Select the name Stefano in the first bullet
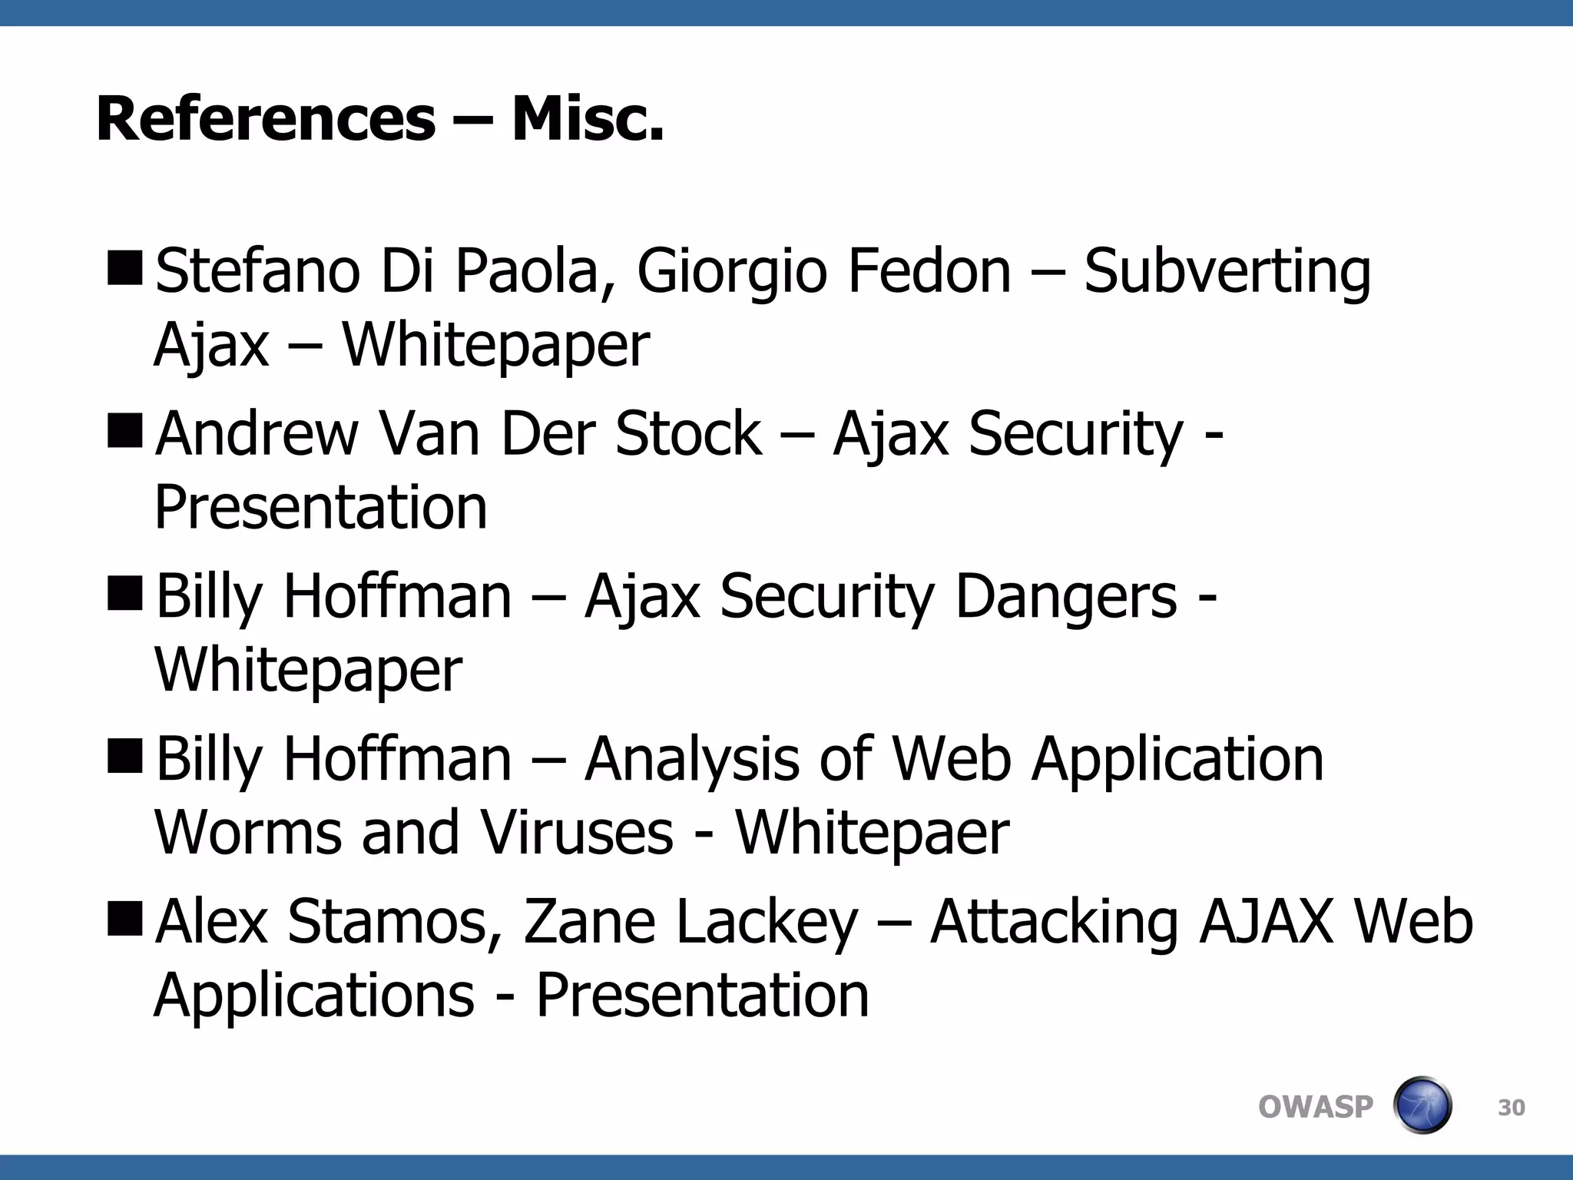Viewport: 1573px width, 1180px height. [x=257, y=271]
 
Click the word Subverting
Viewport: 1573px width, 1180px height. [x=1227, y=273]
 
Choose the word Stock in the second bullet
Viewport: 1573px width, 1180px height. [x=688, y=434]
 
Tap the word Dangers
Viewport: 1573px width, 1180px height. [x=1065, y=598]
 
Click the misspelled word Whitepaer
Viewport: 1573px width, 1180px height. [x=872, y=834]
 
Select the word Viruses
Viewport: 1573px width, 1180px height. [x=577, y=834]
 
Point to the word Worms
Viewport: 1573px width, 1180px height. [x=248, y=834]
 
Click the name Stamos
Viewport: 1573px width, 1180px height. [x=396, y=922]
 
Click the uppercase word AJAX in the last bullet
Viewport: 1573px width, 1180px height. [x=1266, y=922]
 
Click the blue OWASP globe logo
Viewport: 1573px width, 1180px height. [x=1422, y=1105]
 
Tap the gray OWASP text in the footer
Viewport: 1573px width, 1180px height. [x=1315, y=1107]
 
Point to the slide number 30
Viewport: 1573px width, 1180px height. [x=1511, y=1108]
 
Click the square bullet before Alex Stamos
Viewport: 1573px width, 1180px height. [x=124, y=919]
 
